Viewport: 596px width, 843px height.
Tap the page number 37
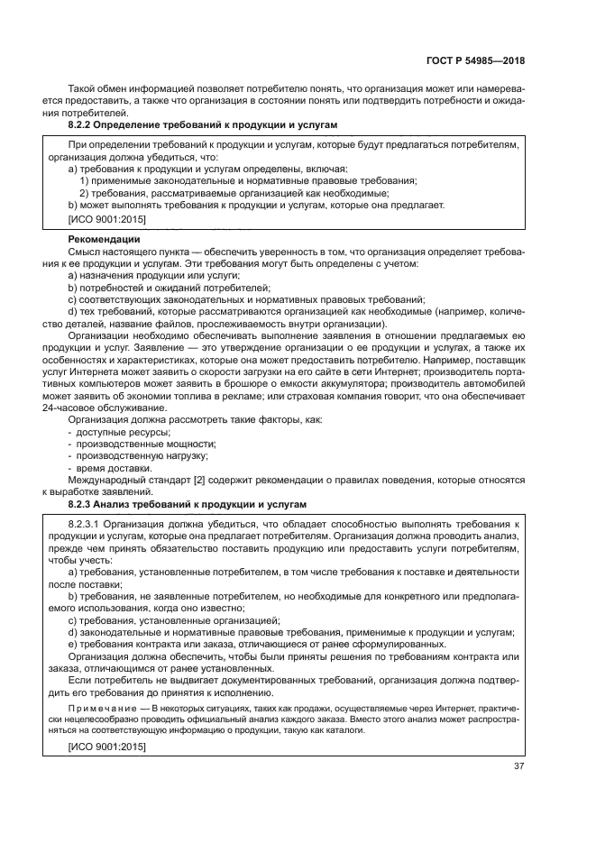point(518,767)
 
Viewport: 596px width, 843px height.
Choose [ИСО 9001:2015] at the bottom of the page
point(106,747)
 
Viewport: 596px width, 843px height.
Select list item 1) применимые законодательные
point(162,180)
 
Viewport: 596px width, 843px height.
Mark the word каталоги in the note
point(347,729)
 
